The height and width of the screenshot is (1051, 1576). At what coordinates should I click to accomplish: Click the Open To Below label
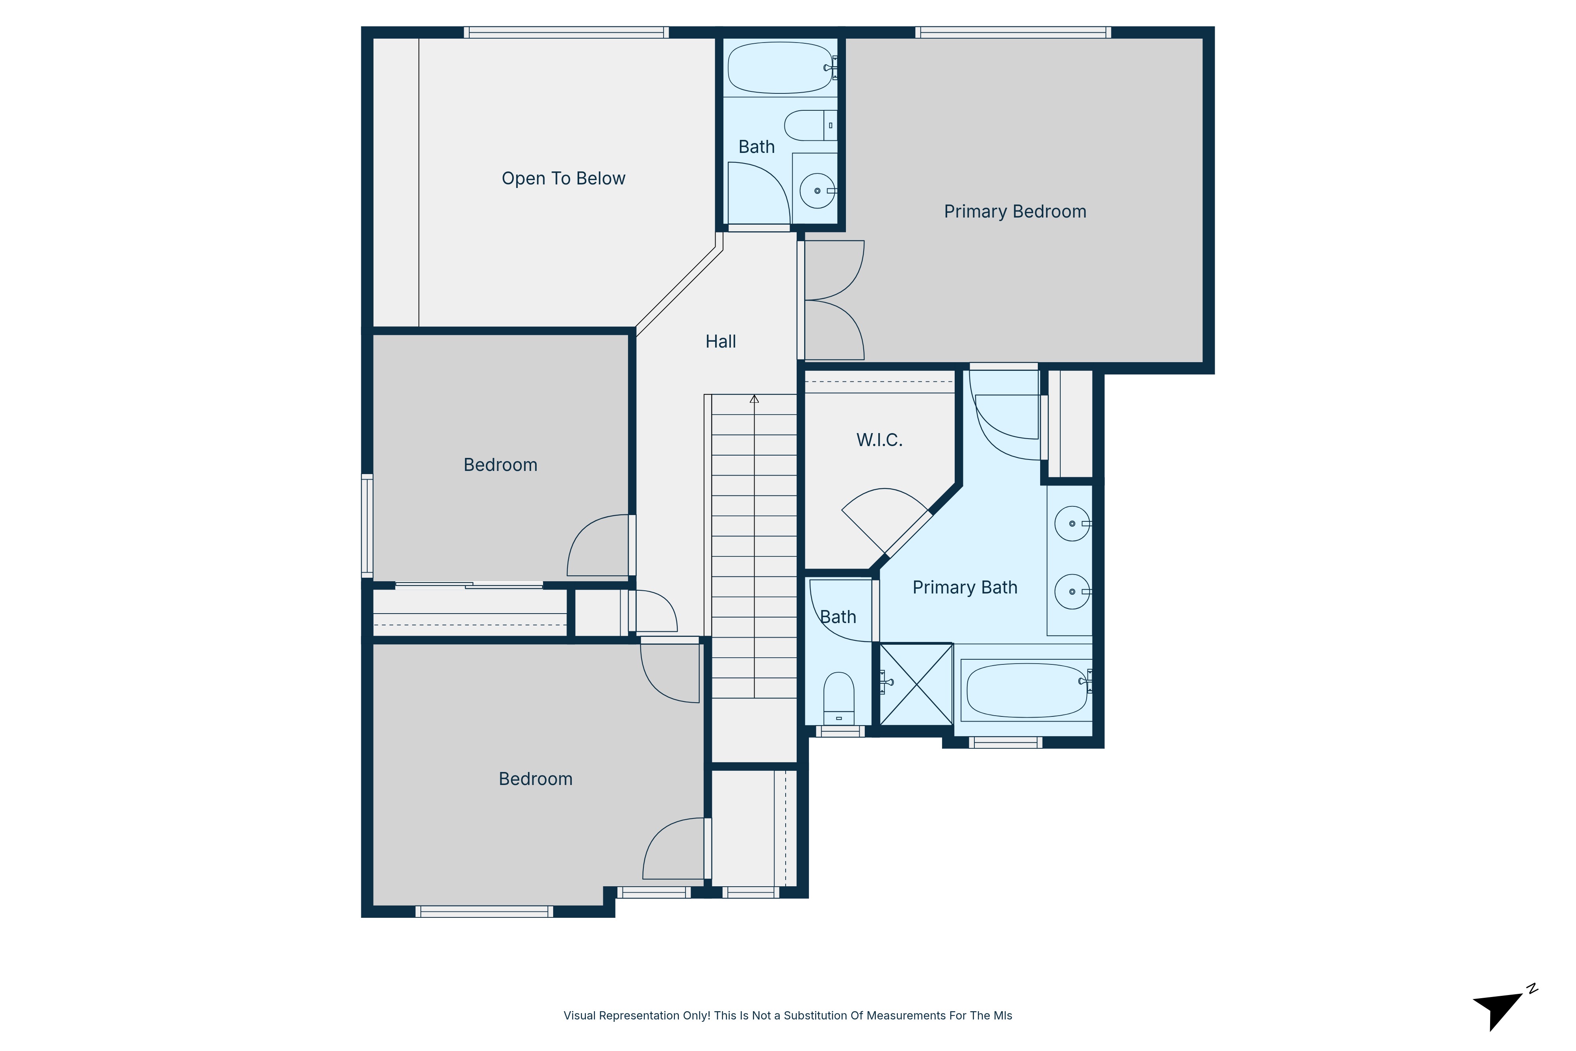[563, 178]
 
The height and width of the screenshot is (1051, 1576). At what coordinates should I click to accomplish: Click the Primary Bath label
[965, 588]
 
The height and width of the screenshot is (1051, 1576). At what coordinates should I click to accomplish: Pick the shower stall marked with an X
[916, 685]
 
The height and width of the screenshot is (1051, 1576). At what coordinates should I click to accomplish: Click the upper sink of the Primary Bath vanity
[1072, 523]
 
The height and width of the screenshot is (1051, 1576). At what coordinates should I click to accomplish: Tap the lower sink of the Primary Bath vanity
[1072, 592]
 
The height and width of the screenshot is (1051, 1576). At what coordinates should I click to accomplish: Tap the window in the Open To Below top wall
[566, 32]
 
